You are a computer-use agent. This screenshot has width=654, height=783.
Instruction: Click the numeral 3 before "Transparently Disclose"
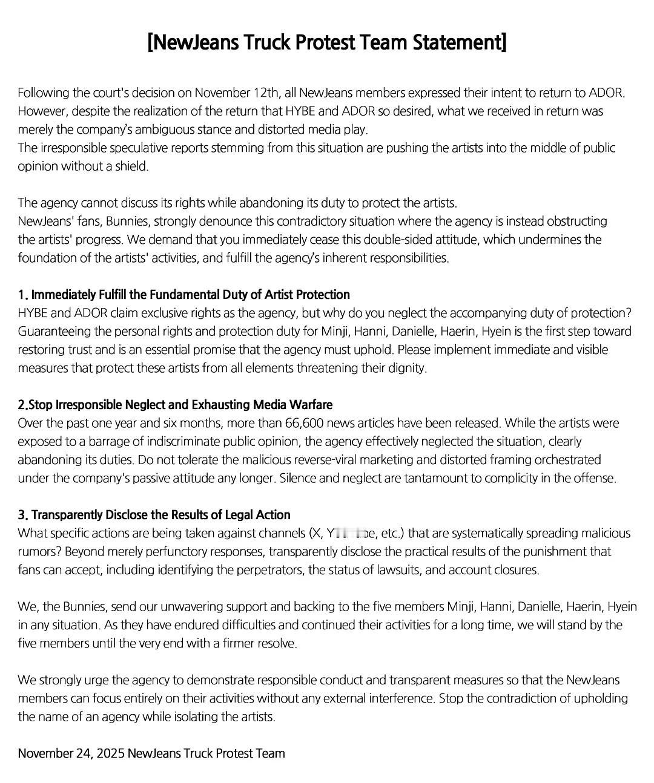22,515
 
